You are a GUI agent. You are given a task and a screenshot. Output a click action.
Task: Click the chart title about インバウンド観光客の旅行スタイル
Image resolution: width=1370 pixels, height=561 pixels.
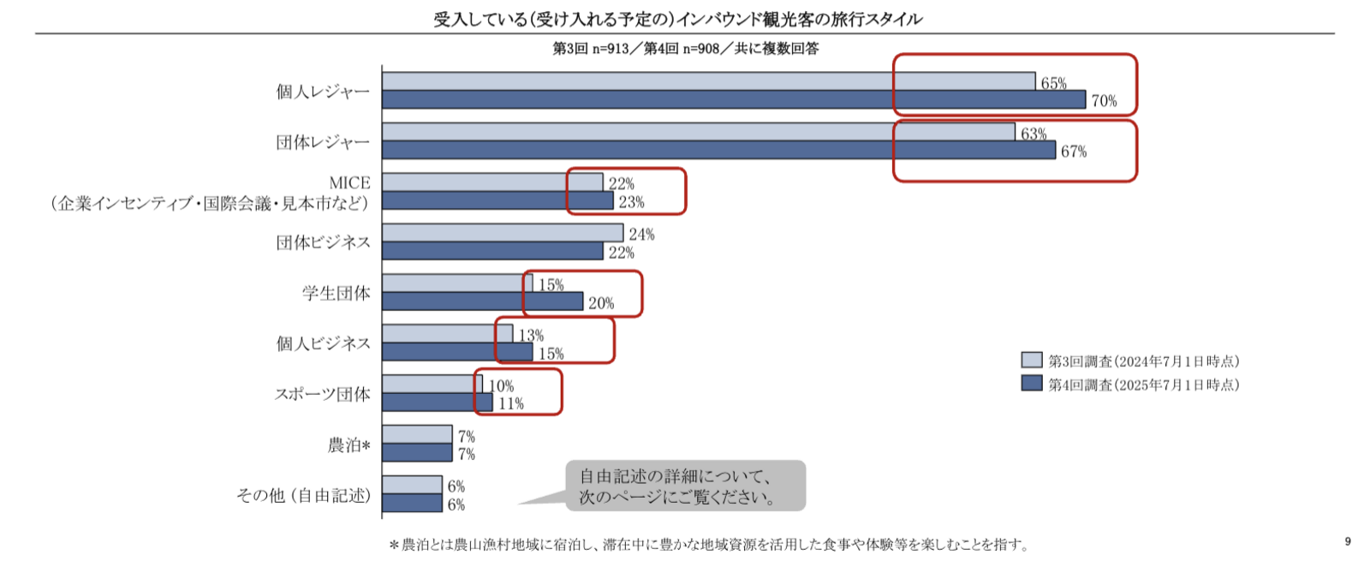coord(677,19)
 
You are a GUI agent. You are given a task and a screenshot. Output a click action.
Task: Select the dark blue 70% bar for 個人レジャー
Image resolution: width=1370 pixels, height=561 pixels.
coord(733,99)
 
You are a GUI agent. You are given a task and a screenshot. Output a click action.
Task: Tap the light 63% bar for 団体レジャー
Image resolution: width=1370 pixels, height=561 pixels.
coord(698,132)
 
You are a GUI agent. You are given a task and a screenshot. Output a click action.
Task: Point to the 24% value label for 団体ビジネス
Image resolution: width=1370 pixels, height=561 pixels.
coord(641,235)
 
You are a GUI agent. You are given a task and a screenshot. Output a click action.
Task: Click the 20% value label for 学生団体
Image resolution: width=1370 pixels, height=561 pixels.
coord(601,303)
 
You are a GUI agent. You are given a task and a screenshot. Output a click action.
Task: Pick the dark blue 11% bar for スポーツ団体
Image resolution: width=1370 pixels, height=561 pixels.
coord(437,403)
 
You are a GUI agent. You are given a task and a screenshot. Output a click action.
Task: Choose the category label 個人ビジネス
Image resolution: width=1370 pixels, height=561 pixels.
coord(323,343)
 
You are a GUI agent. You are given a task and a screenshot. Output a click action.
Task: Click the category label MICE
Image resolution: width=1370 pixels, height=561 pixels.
coord(349,182)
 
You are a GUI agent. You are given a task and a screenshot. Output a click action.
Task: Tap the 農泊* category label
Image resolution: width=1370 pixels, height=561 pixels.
coord(348,445)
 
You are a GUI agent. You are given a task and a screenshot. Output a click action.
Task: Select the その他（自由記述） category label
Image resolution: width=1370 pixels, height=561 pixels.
coord(303,495)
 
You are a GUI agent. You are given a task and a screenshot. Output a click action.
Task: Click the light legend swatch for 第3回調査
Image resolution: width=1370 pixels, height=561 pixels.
coord(1031,361)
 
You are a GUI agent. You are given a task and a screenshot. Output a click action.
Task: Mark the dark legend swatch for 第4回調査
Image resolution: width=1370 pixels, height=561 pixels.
coord(1031,384)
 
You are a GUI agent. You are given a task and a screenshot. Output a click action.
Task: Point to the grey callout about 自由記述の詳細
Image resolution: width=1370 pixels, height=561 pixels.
coord(685,486)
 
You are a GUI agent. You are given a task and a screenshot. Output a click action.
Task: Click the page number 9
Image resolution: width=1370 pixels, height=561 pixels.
coord(1348,541)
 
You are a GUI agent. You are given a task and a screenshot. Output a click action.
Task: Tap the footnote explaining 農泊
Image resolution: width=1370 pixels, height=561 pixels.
coord(709,545)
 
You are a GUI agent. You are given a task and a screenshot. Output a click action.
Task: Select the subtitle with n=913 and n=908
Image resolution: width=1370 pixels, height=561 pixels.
coord(685,49)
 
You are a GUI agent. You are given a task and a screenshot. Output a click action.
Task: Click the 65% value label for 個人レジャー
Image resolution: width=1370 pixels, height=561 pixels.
coord(1053,83)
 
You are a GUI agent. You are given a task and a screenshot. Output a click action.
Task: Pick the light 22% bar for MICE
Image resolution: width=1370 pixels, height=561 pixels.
coord(492,182)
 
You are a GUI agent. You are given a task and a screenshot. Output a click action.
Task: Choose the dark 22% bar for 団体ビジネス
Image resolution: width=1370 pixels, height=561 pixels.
coord(492,251)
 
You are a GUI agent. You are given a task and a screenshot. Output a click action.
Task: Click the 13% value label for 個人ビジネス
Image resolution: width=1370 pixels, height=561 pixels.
coord(531,336)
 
